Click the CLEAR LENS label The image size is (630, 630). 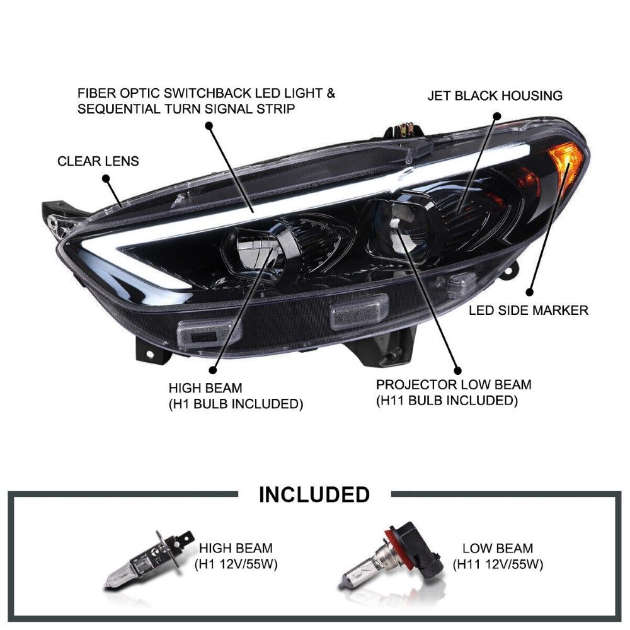(x=98, y=161)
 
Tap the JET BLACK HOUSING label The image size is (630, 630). (x=495, y=96)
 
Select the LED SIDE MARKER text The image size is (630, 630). (x=528, y=310)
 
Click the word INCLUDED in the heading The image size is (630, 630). (x=314, y=495)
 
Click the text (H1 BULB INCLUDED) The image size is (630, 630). (x=236, y=404)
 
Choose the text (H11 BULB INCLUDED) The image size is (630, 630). (x=447, y=400)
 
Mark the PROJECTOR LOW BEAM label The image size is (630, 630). (x=454, y=384)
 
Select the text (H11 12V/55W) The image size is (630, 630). (x=498, y=564)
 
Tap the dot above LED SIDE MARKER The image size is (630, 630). (x=530, y=292)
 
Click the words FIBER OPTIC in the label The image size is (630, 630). (x=116, y=93)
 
